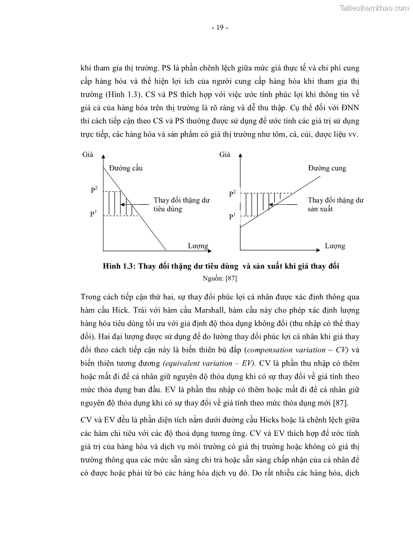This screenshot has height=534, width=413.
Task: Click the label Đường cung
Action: pos(327,168)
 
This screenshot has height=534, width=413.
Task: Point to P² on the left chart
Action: pos(94,190)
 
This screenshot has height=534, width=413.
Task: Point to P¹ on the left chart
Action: pos(94,214)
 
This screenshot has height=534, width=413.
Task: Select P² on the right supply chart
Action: pos(232,194)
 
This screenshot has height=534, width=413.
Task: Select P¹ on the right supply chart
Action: pos(232,216)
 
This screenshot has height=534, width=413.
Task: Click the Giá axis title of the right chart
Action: pos(225,154)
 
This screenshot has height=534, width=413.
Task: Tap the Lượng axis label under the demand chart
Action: pos(198,246)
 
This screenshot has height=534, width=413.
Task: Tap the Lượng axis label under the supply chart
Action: pos(335,246)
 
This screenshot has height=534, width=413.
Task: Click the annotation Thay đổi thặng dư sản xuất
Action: pos(336,204)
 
